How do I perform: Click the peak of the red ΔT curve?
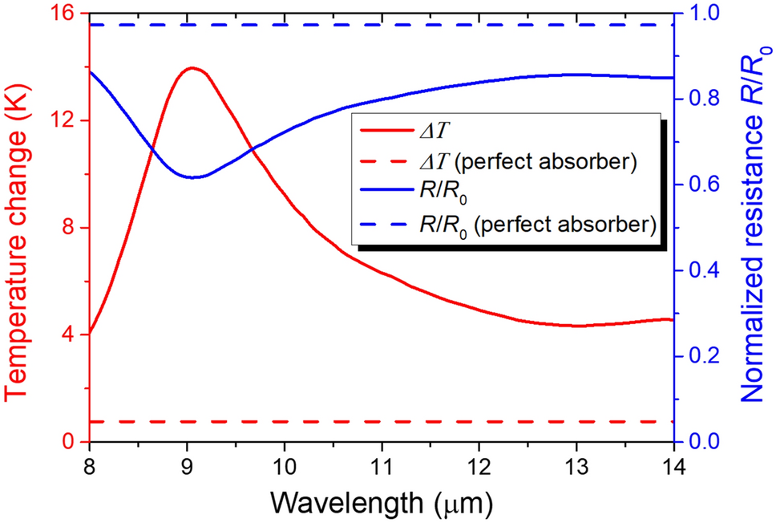tap(192, 68)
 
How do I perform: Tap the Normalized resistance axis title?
tap(754, 228)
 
